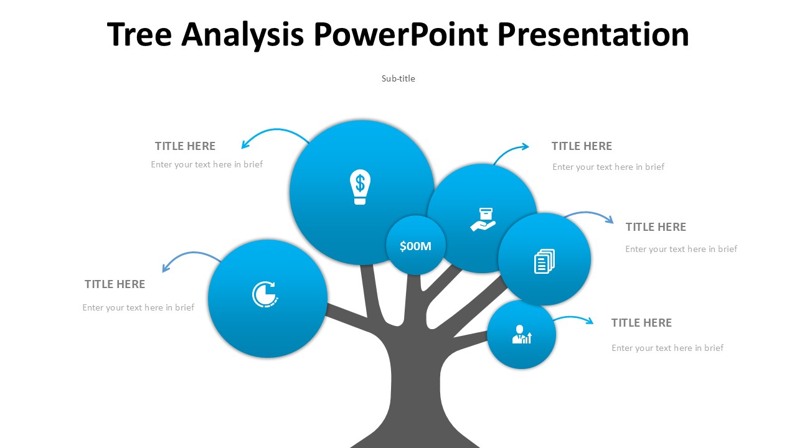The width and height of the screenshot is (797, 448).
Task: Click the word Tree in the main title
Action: [139, 35]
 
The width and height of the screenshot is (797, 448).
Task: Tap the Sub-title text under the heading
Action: [398, 78]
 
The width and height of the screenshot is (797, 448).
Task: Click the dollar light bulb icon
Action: [359, 187]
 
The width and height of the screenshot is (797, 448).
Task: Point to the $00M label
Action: [415, 246]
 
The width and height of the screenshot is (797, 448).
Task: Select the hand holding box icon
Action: [483, 219]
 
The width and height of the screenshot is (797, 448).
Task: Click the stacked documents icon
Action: [544, 261]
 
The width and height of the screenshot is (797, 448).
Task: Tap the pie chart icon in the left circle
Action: [265, 294]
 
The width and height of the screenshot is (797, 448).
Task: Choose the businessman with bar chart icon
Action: [522, 335]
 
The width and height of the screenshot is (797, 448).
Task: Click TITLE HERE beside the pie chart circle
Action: [115, 284]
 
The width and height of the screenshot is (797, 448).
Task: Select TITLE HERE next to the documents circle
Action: [656, 227]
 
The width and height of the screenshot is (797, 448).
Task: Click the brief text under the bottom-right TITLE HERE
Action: [667, 348]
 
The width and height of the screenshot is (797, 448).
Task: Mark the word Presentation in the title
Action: [593, 35]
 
